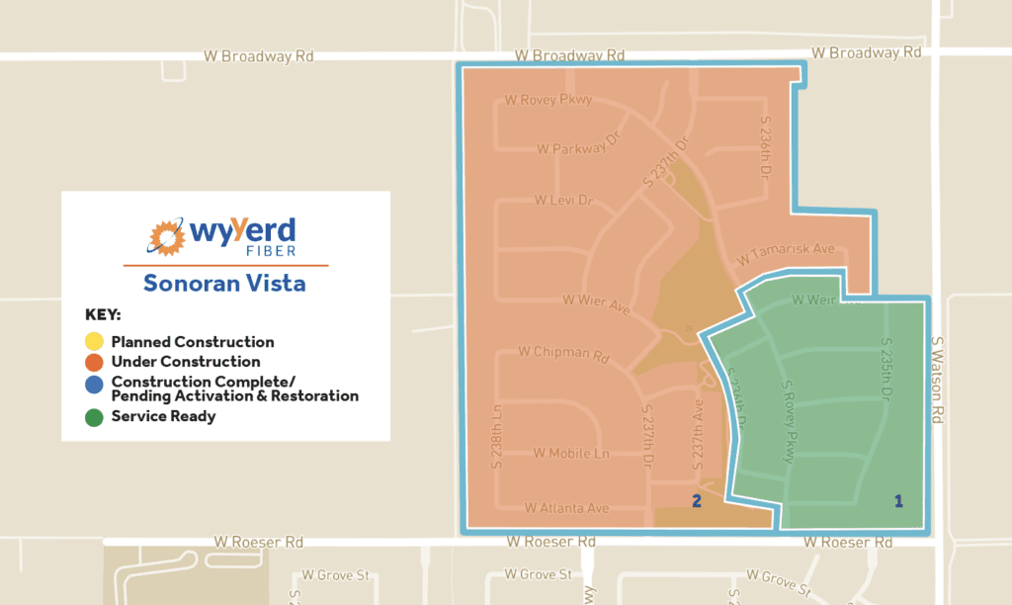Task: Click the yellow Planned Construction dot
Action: [x=95, y=342]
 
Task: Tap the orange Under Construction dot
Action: [x=95, y=362]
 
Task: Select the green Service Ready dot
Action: [x=95, y=417]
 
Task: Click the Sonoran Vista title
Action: [x=224, y=283]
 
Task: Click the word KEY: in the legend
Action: [x=103, y=316]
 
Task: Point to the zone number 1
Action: [x=898, y=501]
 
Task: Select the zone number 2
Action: [x=697, y=501]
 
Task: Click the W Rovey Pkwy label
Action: [x=548, y=99]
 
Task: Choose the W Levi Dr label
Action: [x=563, y=200]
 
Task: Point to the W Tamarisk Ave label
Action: [x=787, y=254]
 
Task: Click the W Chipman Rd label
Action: [x=561, y=352]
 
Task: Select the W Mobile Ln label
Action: [x=571, y=454]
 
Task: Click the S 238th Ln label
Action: [x=496, y=435]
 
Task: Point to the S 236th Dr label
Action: [x=765, y=146]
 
